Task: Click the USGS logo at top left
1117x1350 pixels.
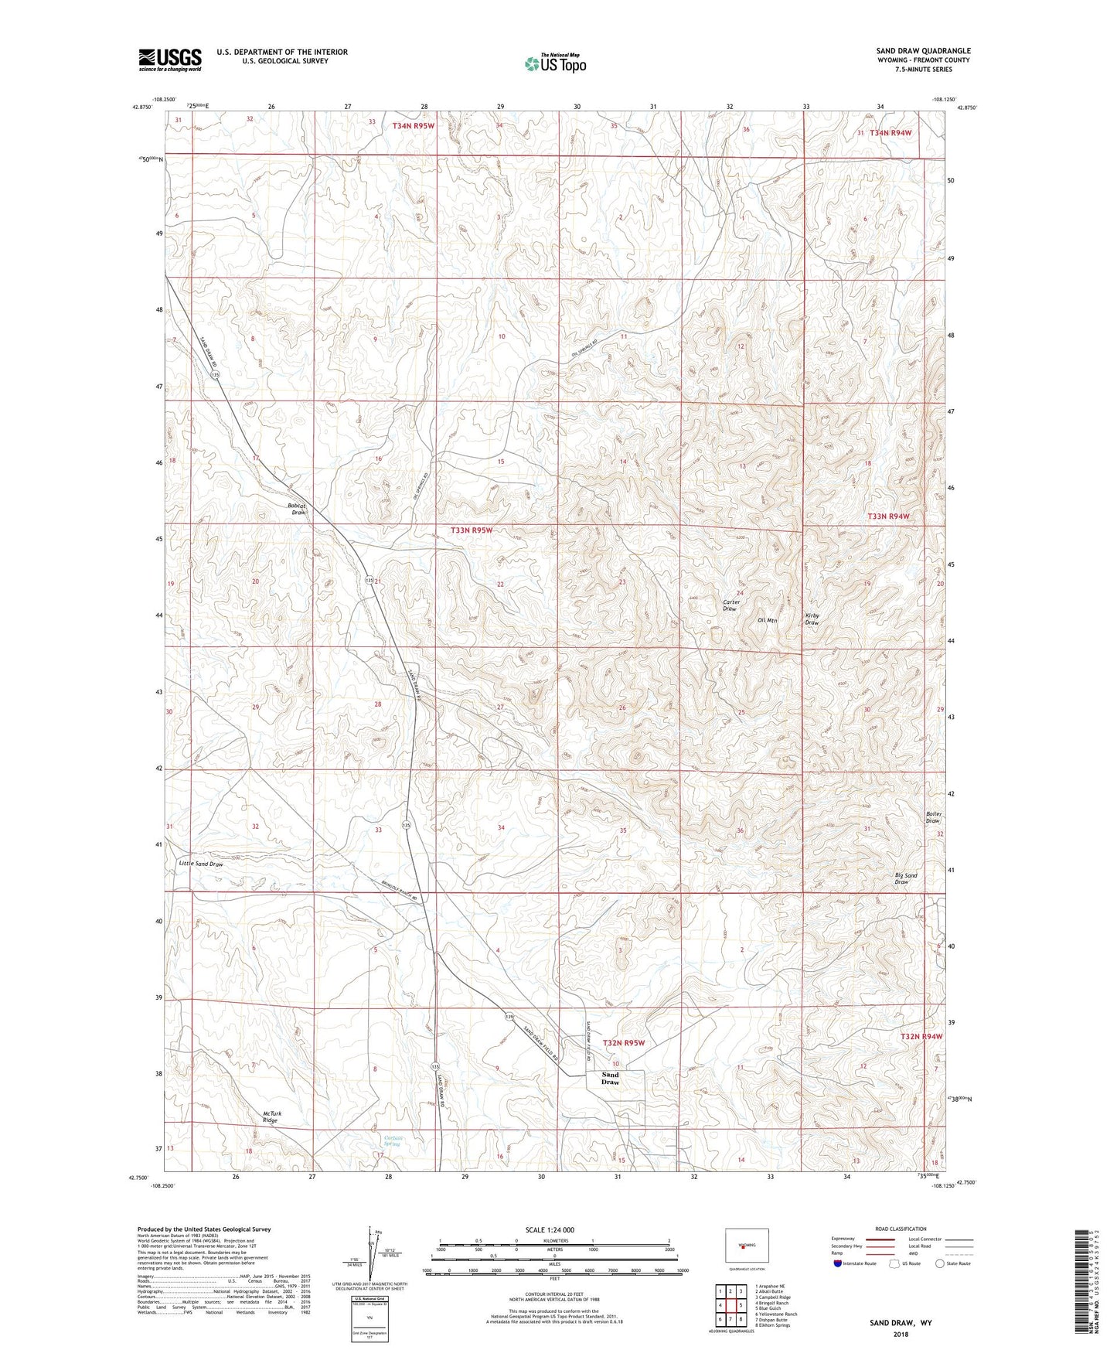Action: (x=170, y=60)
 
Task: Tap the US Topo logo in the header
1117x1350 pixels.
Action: (x=554, y=63)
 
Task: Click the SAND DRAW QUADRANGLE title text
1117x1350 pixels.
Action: (x=923, y=51)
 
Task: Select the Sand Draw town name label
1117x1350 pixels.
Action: (x=610, y=1078)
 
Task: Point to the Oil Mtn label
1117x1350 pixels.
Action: (x=767, y=620)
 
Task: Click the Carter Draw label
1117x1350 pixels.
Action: (x=730, y=605)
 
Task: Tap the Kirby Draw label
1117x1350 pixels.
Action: (x=812, y=619)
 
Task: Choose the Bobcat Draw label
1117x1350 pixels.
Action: (x=297, y=509)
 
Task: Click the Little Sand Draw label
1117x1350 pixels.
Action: (x=201, y=864)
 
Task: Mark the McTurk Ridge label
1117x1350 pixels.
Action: (x=270, y=1116)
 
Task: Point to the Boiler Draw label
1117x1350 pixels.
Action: (x=933, y=817)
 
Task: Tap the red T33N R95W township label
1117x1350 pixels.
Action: (x=471, y=530)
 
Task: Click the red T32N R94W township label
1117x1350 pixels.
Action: (x=921, y=1036)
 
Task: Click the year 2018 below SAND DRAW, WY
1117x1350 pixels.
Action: (x=901, y=1334)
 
